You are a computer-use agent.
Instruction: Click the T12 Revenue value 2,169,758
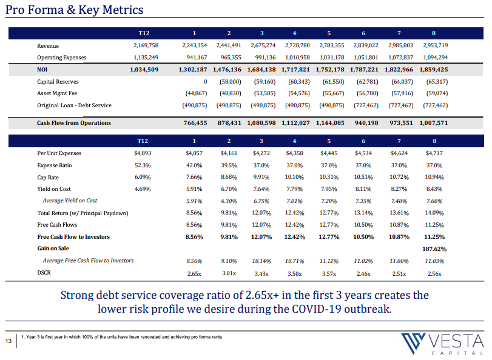146,45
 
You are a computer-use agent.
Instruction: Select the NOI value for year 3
261,70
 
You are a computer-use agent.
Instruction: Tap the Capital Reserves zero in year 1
205,82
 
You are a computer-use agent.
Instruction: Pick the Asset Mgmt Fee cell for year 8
437,93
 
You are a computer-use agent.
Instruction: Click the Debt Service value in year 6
366,105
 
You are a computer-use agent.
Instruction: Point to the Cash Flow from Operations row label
74,123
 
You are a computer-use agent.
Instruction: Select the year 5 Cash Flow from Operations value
330,123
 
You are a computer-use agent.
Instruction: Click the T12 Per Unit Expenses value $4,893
143,153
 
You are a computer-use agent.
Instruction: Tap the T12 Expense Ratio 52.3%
143,165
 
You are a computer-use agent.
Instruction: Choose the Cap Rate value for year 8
434,177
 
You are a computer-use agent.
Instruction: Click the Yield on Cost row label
54,189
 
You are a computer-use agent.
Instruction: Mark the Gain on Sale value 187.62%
434,249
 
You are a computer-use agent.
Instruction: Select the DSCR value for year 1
194,274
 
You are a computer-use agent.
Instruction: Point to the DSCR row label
44,273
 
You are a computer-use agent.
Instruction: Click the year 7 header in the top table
399,33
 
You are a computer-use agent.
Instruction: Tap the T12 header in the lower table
143,141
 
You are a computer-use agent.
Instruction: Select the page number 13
8,341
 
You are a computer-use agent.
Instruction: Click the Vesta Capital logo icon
414,343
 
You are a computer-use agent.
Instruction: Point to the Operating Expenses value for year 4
297,58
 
